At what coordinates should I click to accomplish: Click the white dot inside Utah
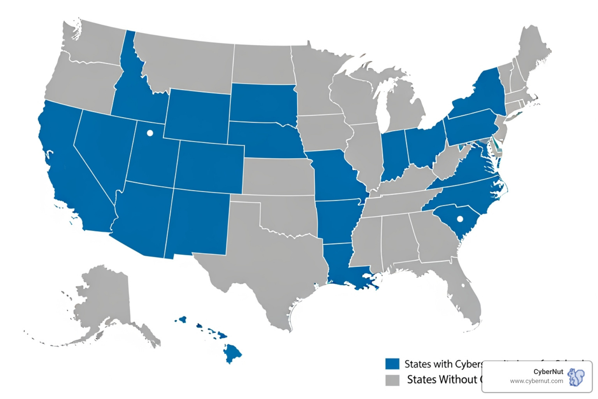coord(149,133)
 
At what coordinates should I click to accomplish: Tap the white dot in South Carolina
coord(460,219)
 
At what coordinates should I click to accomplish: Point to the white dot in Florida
coord(463,285)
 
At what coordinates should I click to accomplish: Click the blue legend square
coord(392,364)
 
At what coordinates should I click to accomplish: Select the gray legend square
coord(392,380)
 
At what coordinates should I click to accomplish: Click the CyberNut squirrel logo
coord(576,377)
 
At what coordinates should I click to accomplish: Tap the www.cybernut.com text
coord(536,381)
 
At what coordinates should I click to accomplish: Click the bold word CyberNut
coord(548,372)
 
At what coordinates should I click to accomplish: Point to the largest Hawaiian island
coord(232,353)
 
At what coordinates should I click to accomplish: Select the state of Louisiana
coord(343,265)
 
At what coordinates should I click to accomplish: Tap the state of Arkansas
coord(337,220)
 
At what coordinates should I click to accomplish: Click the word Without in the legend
coord(442,380)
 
